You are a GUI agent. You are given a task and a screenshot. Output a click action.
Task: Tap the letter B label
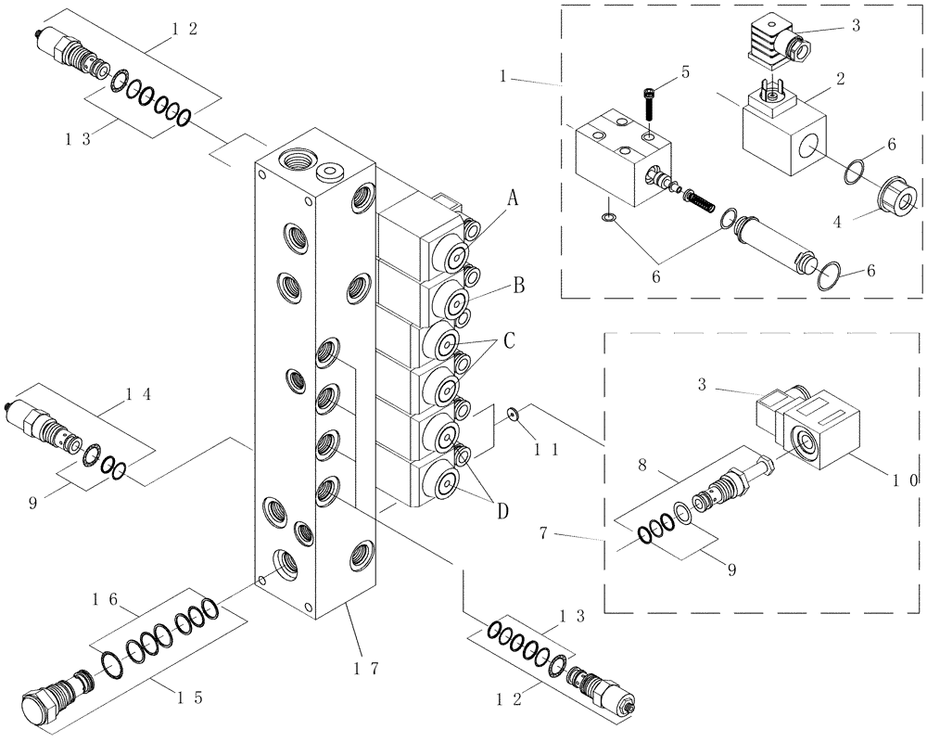518,286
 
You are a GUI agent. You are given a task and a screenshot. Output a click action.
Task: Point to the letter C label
509,340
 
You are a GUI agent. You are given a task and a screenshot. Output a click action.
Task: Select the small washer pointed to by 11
511,414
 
